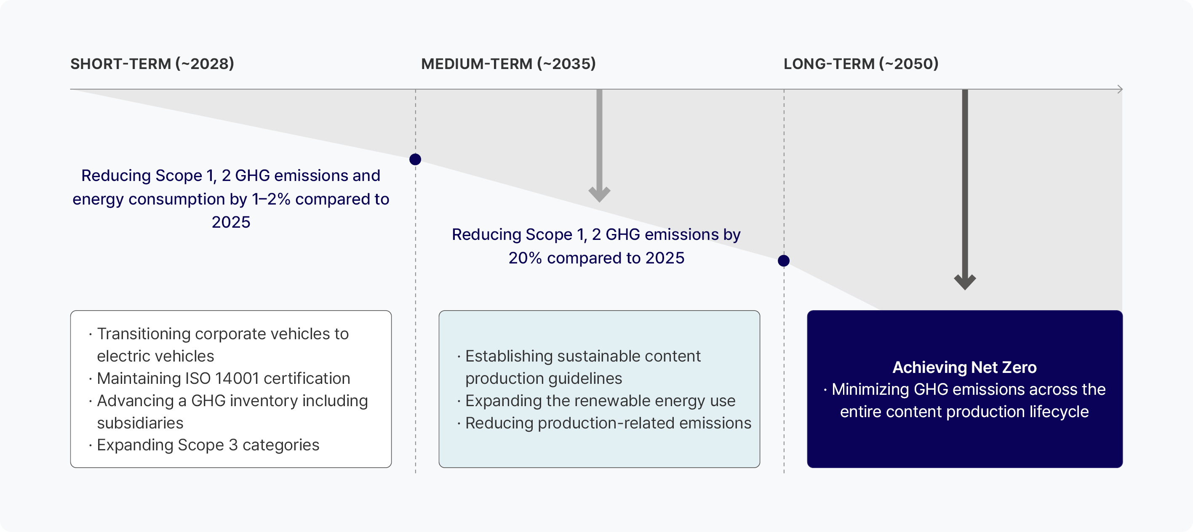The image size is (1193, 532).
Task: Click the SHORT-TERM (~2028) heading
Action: tap(152, 64)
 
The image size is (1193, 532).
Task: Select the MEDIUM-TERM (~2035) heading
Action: tap(508, 64)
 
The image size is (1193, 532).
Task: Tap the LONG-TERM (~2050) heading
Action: tap(860, 64)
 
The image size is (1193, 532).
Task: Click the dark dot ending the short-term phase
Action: tap(415, 159)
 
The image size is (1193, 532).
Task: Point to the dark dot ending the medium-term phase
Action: tap(783, 261)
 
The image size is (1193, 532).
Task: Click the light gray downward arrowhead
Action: tap(599, 194)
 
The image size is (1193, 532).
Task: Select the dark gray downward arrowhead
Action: tap(965, 282)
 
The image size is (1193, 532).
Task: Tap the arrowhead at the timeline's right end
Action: tap(1120, 89)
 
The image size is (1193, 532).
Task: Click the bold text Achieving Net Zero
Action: tap(964, 367)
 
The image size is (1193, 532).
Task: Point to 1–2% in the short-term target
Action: tap(271, 199)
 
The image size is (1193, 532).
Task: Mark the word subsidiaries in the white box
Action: tap(140, 423)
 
